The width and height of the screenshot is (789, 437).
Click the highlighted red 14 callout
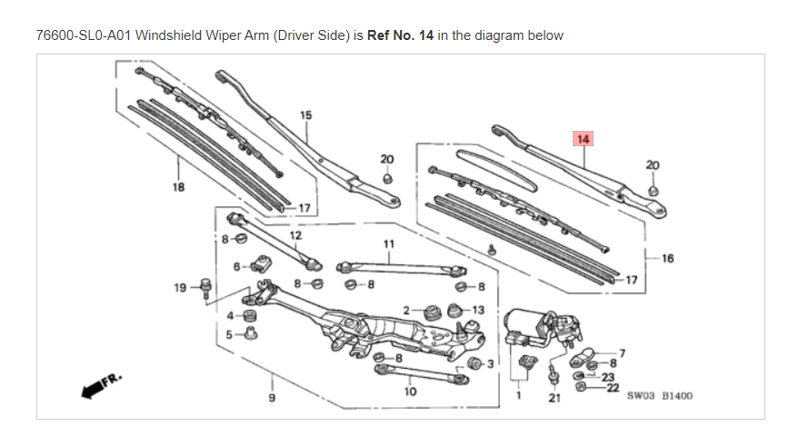pyautogui.click(x=583, y=139)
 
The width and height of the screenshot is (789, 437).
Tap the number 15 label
pyautogui.click(x=306, y=115)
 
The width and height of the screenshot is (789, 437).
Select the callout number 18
pyautogui.click(x=178, y=187)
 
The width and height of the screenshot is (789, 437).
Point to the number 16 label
pyautogui.click(x=668, y=259)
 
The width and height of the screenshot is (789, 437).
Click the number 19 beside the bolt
pyautogui.click(x=180, y=288)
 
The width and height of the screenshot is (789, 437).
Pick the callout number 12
pyautogui.click(x=295, y=235)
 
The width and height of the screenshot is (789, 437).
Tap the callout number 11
pyautogui.click(x=389, y=243)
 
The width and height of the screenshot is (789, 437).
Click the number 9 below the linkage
pyautogui.click(x=272, y=398)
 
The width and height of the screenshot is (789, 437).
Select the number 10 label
pyautogui.click(x=411, y=392)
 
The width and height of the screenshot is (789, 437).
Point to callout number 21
pyautogui.click(x=554, y=398)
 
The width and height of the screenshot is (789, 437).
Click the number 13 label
pyautogui.click(x=478, y=310)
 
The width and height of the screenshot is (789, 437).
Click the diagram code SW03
pyautogui.click(x=641, y=396)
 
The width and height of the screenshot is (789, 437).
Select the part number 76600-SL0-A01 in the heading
pyautogui.click(x=84, y=35)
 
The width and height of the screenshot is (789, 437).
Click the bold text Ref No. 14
pyautogui.click(x=400, y=35)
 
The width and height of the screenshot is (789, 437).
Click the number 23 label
pyautogui.click(x=608, y=377)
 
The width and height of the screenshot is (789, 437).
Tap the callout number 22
pyautogui.click(x=613, y=388)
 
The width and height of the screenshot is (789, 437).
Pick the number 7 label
pyautogui.click(x=623, y=353)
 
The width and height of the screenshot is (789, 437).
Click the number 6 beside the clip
pyautogui.click(x=236, y=266)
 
